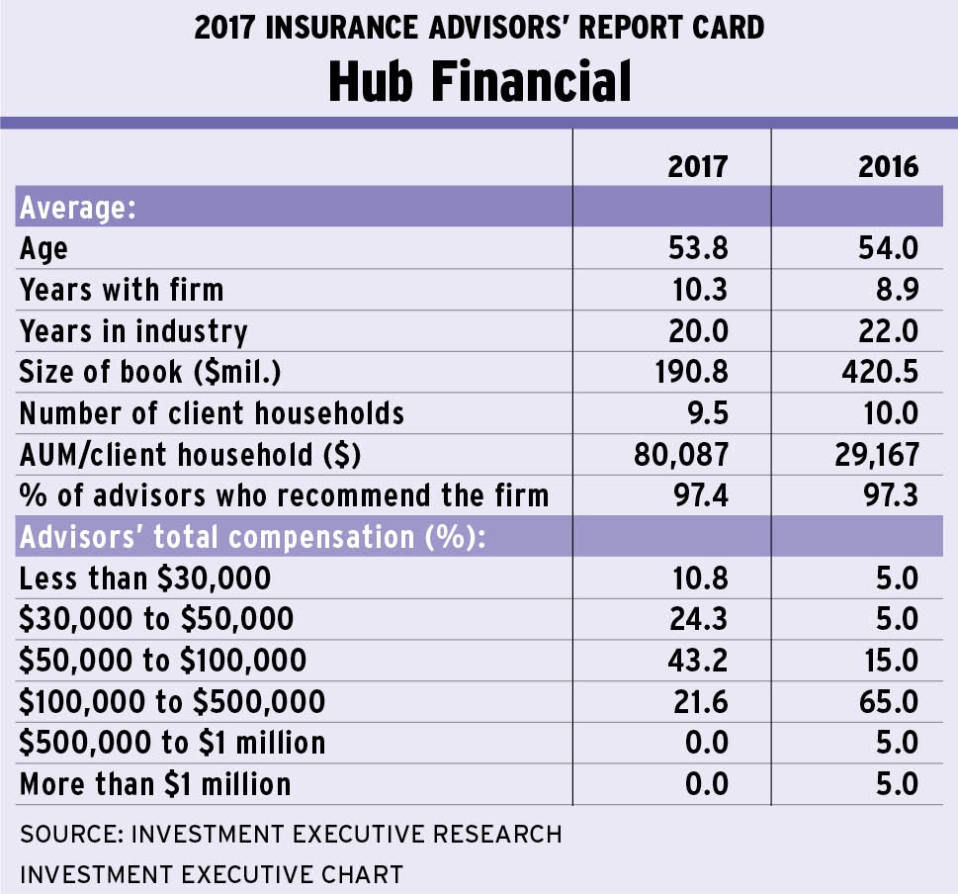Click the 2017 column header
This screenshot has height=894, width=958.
(x=697, y=165)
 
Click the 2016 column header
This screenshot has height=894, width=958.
(x=888, y=165)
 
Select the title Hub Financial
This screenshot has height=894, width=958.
(x=479, y=82)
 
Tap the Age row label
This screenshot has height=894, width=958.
(x=44, y=248)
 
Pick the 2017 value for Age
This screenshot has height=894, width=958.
(x=698, y=247)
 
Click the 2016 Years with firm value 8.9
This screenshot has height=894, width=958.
(x=897, y=289)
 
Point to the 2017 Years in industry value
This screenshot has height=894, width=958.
(x=698, y=330)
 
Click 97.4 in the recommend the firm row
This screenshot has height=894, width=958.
(x=698, y=493)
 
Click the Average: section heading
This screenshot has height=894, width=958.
(x=78, y=208)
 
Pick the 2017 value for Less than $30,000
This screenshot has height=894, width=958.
(x=698, y=577)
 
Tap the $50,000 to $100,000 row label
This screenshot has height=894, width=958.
(x=163, y=659)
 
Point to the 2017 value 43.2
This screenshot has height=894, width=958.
(x=698, y=659)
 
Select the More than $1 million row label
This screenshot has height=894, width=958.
(x=155, y=783)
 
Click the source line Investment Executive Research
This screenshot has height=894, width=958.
(x=291, y=834)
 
